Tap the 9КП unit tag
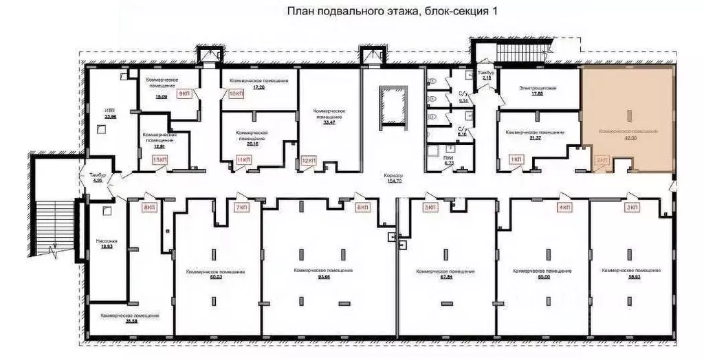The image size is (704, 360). click(184, 93)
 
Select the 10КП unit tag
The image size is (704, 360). click(236, 93)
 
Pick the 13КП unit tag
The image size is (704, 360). click(159, 159)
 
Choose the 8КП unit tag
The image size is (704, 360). click(148, 207)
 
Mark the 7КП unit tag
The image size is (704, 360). click(241, 207)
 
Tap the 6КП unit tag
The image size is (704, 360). click(362, 207)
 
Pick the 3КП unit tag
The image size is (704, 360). click(631, 207)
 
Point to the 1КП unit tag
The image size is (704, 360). click(516, 159)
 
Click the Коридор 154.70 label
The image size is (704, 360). click(394, 179)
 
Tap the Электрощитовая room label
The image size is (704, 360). click(538, 91)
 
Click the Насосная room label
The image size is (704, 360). click(107, 244)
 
